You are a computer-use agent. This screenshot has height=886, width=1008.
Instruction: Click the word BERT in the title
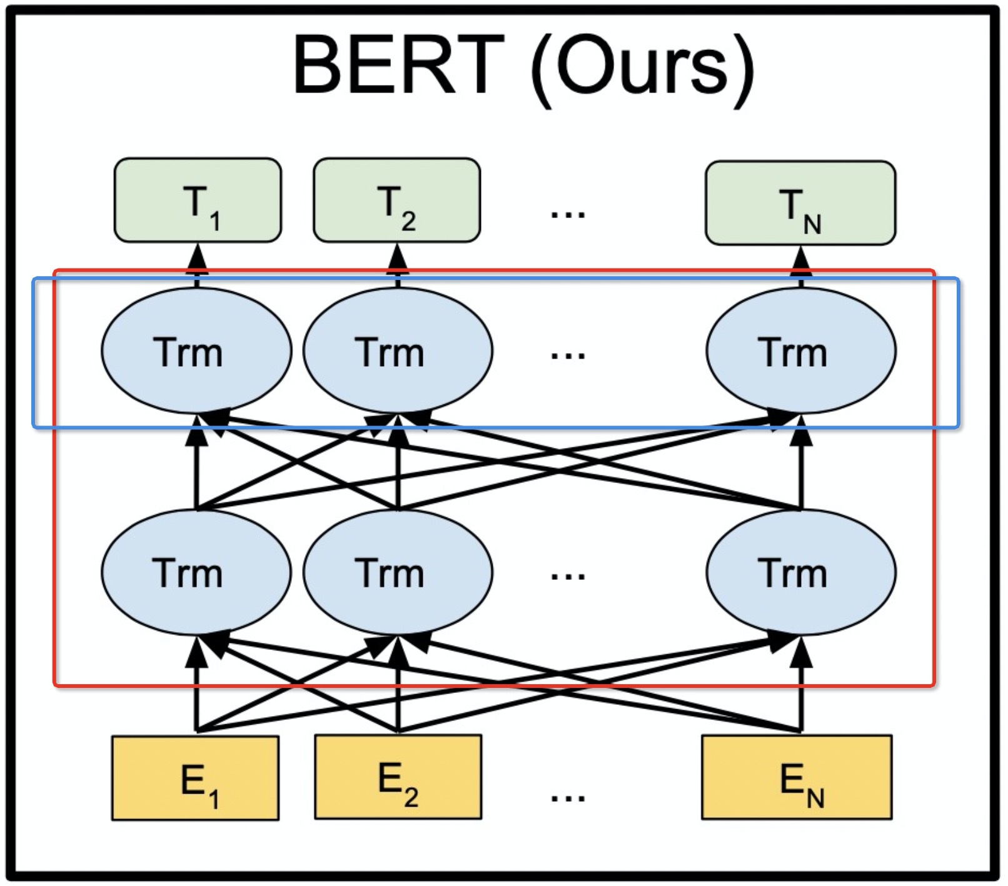click(398, 65)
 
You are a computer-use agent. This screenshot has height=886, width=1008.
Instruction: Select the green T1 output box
click(198, 200)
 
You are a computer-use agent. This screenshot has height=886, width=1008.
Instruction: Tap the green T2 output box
click(396, 200)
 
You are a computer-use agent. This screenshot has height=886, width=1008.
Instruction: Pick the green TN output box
click(800, 203)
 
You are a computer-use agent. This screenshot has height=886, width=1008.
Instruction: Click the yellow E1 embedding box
click(196, 778)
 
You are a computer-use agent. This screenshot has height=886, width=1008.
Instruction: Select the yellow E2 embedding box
click(398, 777)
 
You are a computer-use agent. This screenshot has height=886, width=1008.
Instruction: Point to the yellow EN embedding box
click(797, 777)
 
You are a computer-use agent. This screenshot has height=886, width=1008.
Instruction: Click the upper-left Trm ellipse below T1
click(196, 351)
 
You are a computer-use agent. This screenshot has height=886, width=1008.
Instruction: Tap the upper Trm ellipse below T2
click(398, 351)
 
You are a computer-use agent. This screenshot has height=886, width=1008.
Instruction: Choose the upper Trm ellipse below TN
click(801, 351)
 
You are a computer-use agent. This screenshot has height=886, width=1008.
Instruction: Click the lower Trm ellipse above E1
click(196, 572)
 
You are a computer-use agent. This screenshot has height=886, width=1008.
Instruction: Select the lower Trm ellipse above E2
click(398, 572)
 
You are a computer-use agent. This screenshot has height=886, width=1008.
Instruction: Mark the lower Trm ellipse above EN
click(801, 572)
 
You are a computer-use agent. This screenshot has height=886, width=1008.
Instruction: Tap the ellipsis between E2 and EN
click(568, 798)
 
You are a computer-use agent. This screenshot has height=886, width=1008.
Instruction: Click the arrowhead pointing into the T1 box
click(198, 256)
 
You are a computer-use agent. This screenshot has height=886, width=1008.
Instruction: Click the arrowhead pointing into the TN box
click(801, 259)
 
